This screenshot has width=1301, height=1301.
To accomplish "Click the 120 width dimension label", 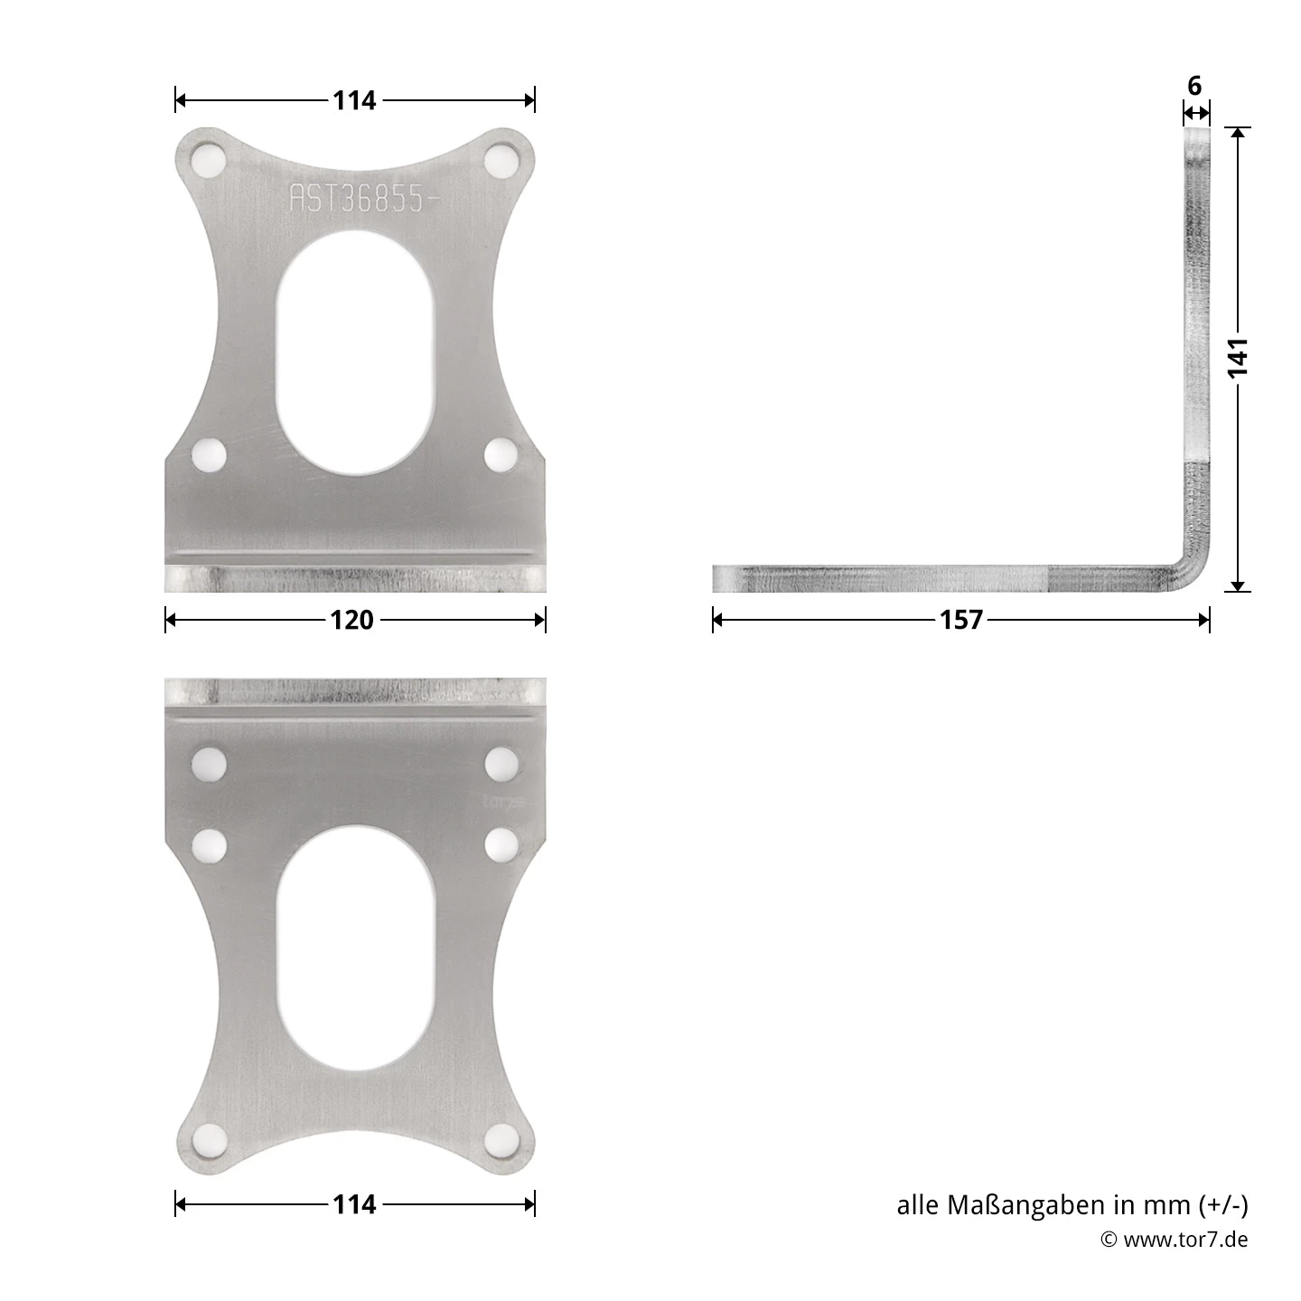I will [352, 620].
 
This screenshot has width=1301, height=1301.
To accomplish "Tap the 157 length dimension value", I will [961, 620].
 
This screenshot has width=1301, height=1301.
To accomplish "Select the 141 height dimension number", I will [1239, 358].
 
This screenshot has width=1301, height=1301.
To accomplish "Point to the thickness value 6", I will [1194, 87].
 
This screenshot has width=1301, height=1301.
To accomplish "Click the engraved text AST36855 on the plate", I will [356, 199].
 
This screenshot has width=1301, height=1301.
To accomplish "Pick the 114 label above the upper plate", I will [354, 100].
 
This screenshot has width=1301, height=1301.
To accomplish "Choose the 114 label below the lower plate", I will [354, 1204].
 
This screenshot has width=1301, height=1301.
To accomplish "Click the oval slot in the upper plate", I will [356, 352].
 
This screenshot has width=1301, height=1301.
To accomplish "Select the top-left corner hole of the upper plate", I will [210, 162].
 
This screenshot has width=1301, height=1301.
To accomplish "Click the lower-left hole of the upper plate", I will [210, 454].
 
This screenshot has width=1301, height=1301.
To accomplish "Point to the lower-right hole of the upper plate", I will [501, 454].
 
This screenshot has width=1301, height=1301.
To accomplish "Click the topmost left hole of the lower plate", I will [210, 765].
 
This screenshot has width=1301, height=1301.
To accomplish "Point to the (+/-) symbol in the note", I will [1223, 1205].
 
